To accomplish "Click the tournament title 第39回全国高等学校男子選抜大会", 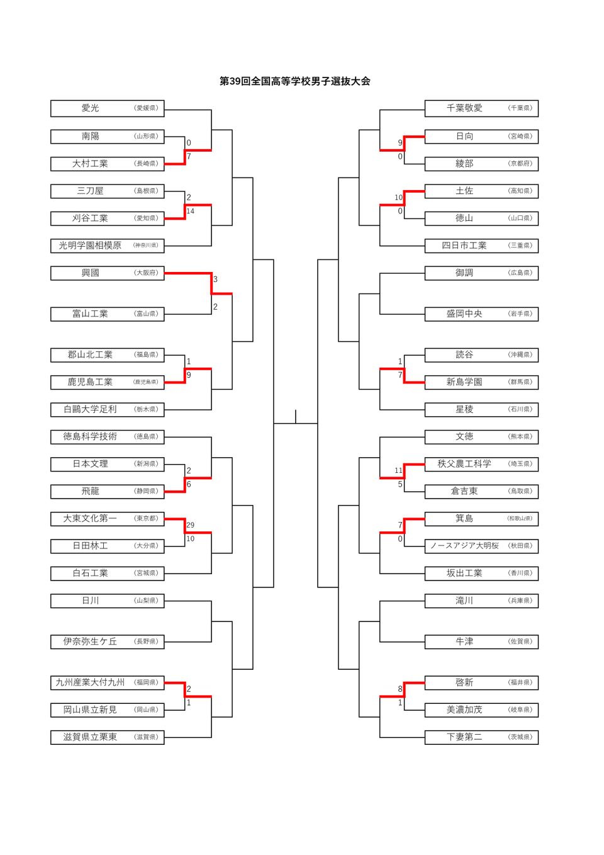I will pyautogui.click(x=294, y=81).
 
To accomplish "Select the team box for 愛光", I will pyautogui.click(x=107, y=108).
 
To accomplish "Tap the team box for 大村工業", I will pyautogui.click(x=107, y=164).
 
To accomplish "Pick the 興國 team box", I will pyautogui.click(x=107, y=273).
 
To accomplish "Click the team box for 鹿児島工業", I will pyautogui.click(x=107, y=382).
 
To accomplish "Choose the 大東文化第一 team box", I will pyautogui.click(x=107, y=519).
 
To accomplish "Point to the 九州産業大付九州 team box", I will pyautogui.click(x=107, y=682).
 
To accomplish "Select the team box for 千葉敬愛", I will pyautogui.click(x=481, y=108).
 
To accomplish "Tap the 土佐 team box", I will pyautogui.click(x=481, y=191).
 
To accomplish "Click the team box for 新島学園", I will pyautogui.click(x=481, y=382).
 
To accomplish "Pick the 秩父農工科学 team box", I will pyautogui.click(x=481, y=464).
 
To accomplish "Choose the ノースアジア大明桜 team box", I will pyautogui.click(x=481, y=546).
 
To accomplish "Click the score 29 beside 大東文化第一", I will pyautogui.click(x=190, y=525).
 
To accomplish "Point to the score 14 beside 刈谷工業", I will pyautogui.click(x=190, y=212).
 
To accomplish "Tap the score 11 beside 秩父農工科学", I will pyautogui.click(x=398, y=470).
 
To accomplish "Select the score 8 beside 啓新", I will pyautogui.click(x=400, y=689).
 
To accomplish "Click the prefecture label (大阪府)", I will pyautogui.click(x=146, y=273).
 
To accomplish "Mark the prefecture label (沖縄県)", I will pyautogui.click(x=520, y=355).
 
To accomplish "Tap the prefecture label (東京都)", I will pyautogui.click(x=146, y=519).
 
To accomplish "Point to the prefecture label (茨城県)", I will pyautogui.click(x=520, y=737).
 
